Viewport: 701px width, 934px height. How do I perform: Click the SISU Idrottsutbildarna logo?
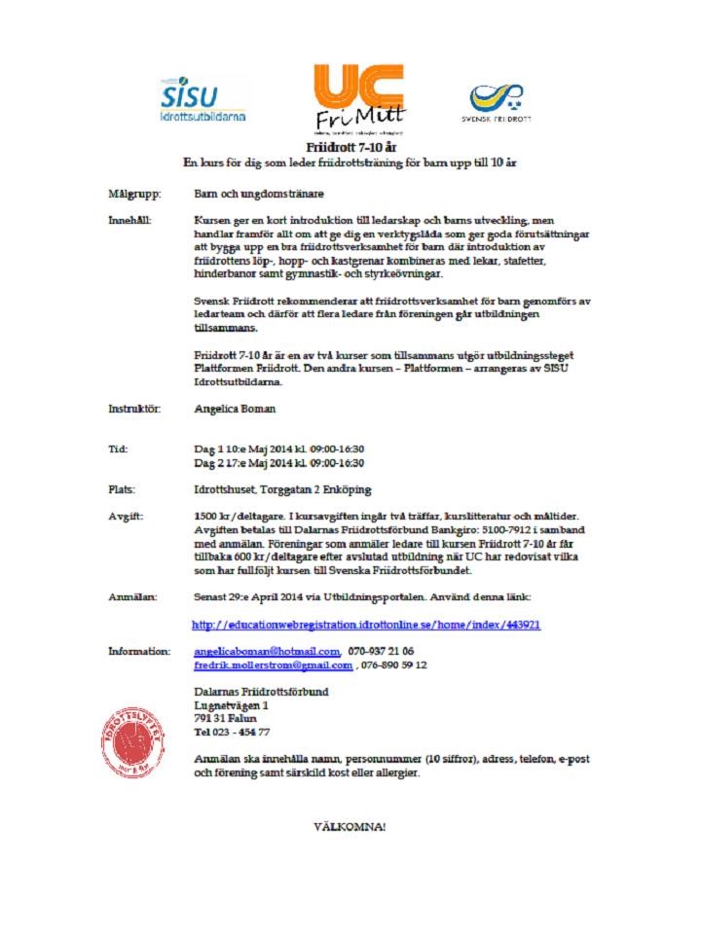[x=203, y=99]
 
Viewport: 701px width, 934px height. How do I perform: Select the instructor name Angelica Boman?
[x=234, y=410]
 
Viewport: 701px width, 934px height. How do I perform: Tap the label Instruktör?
[x=134, y=410]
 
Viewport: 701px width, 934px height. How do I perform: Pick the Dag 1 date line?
[x=278, y=449]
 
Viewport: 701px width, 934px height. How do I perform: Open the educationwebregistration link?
[x=366, y=624]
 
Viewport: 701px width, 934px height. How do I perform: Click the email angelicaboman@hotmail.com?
[x=267, y=651]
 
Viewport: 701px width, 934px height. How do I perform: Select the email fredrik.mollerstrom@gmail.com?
[x=274, y=665]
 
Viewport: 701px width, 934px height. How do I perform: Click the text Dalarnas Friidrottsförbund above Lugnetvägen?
[x=261, y=691]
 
